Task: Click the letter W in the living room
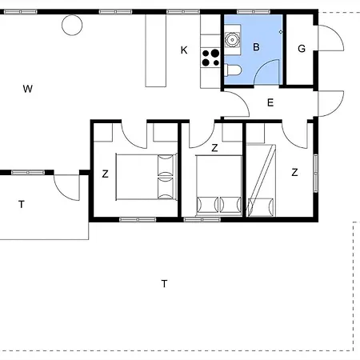click(28, 89)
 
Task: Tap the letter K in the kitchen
click(184, 50)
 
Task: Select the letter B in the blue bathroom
click(256, 47)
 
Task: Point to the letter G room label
click(302, 49)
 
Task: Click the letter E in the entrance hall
click(270, 102)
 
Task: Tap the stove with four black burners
click(210, 58)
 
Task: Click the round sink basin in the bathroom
click(233, 40)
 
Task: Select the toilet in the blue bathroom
click(233, 70)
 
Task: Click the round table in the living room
click(72, 25)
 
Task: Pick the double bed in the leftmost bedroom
click(146, 177)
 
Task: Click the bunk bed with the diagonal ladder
click(261, 180)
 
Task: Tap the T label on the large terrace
click(165, 284)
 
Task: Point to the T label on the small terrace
click(22, 205)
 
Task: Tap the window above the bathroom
click(254, 12)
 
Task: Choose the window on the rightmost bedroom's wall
click(316, 174)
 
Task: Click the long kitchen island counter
click(156, 50)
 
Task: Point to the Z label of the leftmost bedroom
click(106, 174)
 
